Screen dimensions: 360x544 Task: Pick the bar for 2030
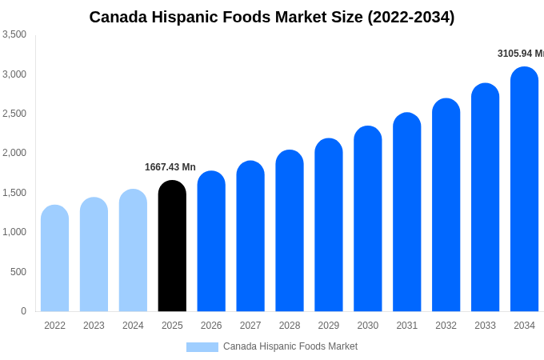pos(368,219)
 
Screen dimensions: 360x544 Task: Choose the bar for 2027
pos(250,237)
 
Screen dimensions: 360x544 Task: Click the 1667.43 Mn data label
pos(170,167)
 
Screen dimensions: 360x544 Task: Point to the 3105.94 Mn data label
pos(520,54)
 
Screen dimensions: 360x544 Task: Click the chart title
pos(272,17)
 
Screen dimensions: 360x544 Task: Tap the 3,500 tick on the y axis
pos(14,34)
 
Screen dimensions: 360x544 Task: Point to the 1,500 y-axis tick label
pos(14,193)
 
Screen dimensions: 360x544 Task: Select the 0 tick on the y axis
pos(23,311)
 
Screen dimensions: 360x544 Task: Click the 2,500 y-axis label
pos(14,114)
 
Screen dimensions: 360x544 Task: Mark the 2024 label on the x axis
pos(133,326)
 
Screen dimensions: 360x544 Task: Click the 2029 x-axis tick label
pos(329,326)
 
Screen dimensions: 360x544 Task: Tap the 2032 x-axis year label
pos(446,326)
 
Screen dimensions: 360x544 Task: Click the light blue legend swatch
pos(202,347)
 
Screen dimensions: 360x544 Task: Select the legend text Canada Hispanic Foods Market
pos(290,346)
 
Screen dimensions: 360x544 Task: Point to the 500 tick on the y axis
pos(18,272)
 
